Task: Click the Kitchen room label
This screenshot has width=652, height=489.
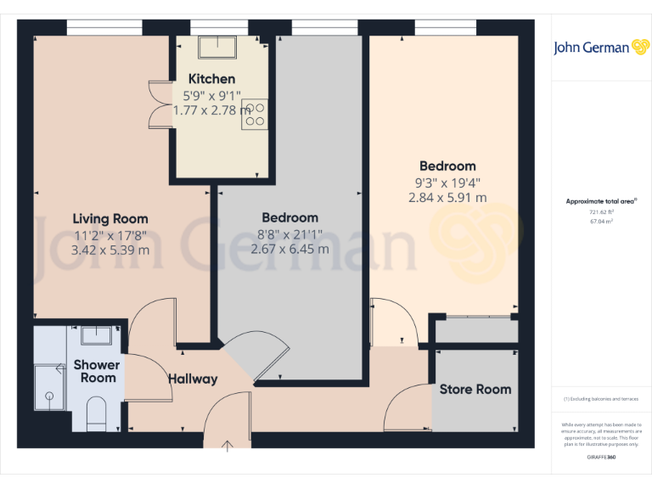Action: (211, 79)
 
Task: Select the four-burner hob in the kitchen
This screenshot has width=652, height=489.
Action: (256, 115)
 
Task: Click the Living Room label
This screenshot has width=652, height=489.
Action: (110, 218)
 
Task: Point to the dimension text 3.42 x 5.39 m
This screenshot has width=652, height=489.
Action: (111, 250)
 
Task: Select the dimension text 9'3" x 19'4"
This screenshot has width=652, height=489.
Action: (447, 182)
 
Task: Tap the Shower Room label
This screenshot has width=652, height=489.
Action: (97, 371)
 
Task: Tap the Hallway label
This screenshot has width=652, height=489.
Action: (192, 379)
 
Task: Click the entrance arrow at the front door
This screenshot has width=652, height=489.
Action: (228, 445)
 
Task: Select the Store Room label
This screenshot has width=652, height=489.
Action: (475, 389)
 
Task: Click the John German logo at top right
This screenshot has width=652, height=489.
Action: (602, 48)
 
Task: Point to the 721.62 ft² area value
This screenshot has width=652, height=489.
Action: (602, 212)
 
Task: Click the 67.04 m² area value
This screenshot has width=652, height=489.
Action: (602, 221)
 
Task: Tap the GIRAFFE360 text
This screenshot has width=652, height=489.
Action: (601, 457)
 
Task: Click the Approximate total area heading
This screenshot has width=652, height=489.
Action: (601, 201)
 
